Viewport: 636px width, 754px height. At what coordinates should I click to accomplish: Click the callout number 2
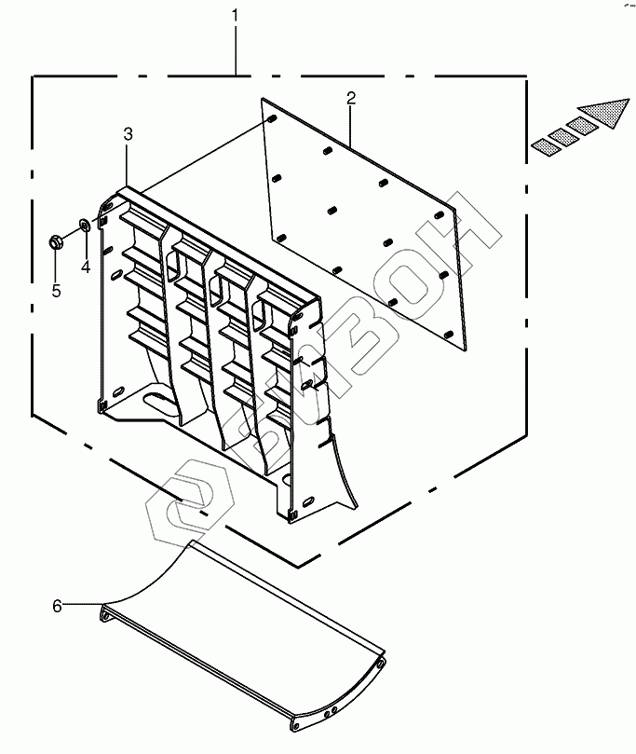[350, 98]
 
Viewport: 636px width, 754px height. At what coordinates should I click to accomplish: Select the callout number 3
[128, 135]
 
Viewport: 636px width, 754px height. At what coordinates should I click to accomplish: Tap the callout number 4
[85, 267]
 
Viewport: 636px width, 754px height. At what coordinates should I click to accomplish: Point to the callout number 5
[56, 291]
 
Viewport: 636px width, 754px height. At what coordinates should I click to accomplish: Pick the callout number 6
[57, 606]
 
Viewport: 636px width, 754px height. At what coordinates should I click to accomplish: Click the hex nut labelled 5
[55, 243]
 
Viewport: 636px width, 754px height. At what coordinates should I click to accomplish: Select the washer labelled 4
[86, 225]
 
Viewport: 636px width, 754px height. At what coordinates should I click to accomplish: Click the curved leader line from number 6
[140, 587]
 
